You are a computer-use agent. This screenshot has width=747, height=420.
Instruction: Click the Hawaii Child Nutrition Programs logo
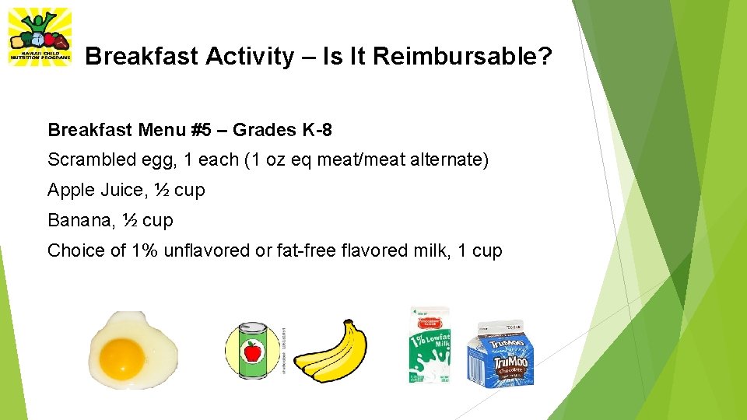39,37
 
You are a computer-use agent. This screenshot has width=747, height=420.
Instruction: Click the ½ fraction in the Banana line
129,221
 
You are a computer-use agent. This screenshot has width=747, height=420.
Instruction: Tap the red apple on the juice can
252,352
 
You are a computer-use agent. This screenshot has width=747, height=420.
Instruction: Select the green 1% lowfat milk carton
429,346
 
